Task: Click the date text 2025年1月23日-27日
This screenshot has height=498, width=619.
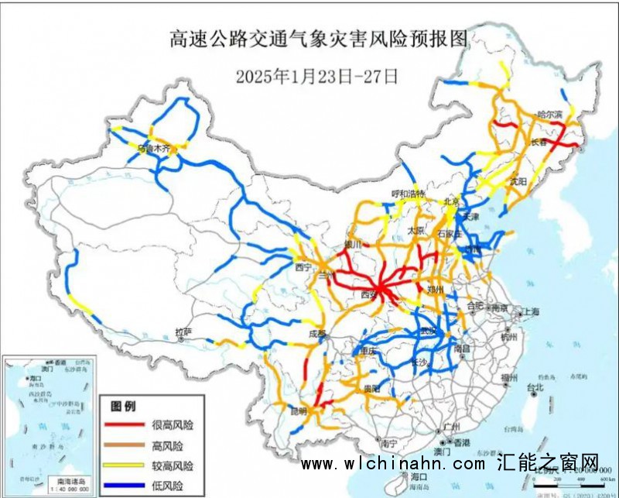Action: (316, 76)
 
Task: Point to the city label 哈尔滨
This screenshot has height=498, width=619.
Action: (549, 114)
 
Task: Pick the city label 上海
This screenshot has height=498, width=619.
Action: (531, 311)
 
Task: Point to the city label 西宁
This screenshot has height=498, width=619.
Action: (303, 266)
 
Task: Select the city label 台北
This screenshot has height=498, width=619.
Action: (535, 386)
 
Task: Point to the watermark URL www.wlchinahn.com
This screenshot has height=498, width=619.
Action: (393, 464)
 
